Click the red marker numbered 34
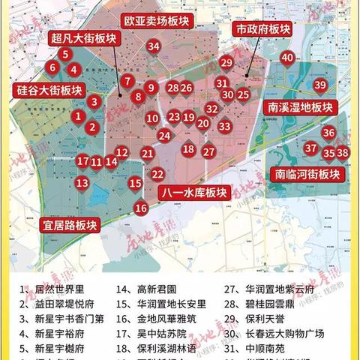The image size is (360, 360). [x=154, y=46]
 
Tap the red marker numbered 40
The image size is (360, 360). [x=287, y=57]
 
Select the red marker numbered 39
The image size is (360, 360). [x=320, y=85]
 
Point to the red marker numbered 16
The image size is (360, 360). [x=141, y=208]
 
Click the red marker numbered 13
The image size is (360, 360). [x=82, y=182]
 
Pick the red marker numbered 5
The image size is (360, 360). [x=66, y=54]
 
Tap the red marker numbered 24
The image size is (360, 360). [x=164, y=136]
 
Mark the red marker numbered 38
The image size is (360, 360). [x=343, y=153]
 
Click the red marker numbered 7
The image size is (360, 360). [x=128, y=81]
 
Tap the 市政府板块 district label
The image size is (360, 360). [x=262, y=28]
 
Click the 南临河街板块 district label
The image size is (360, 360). [x=307, y=174]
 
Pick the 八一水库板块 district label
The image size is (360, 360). [x=193, y=193]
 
